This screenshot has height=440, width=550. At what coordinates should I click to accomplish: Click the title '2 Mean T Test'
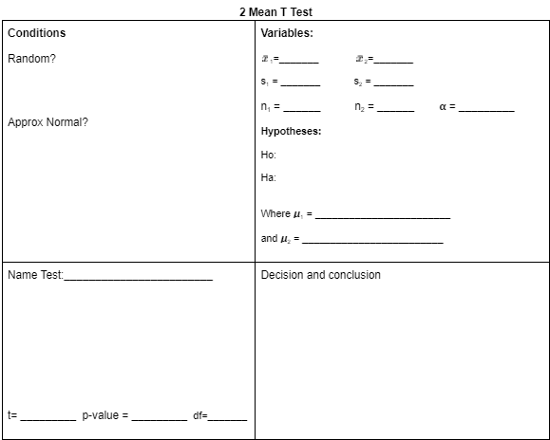pos(275,11)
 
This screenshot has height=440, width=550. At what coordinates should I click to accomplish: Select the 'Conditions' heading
pos(37,33)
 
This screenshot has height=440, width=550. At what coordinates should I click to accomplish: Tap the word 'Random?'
pos(32,59)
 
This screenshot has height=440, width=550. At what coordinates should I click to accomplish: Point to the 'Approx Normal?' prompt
pos(47,122)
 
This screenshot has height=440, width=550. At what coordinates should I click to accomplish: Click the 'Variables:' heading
pos(287,33)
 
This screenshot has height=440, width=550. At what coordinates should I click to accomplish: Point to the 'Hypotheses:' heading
pos(291,131)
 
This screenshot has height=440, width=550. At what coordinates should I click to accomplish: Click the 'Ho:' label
pos(269,155)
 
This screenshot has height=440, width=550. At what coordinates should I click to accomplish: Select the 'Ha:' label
pos(269,177)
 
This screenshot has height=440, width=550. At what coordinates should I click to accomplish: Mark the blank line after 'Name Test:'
pos(139,279)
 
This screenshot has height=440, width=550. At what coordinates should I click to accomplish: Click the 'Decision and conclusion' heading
pos(321,275)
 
